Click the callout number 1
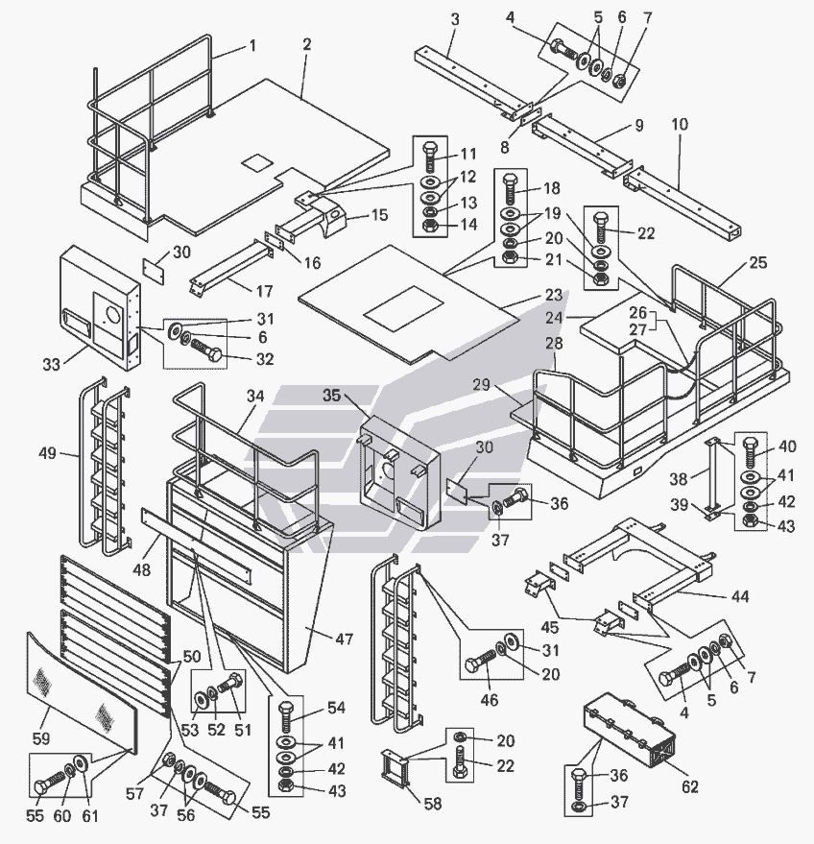[252, 45]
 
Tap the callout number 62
[690, 787]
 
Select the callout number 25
[758, 263]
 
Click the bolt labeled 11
[430, 157]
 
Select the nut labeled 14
[430, 226]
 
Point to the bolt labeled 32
[206, 356]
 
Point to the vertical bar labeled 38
[711, 475]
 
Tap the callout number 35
[331, 395]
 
